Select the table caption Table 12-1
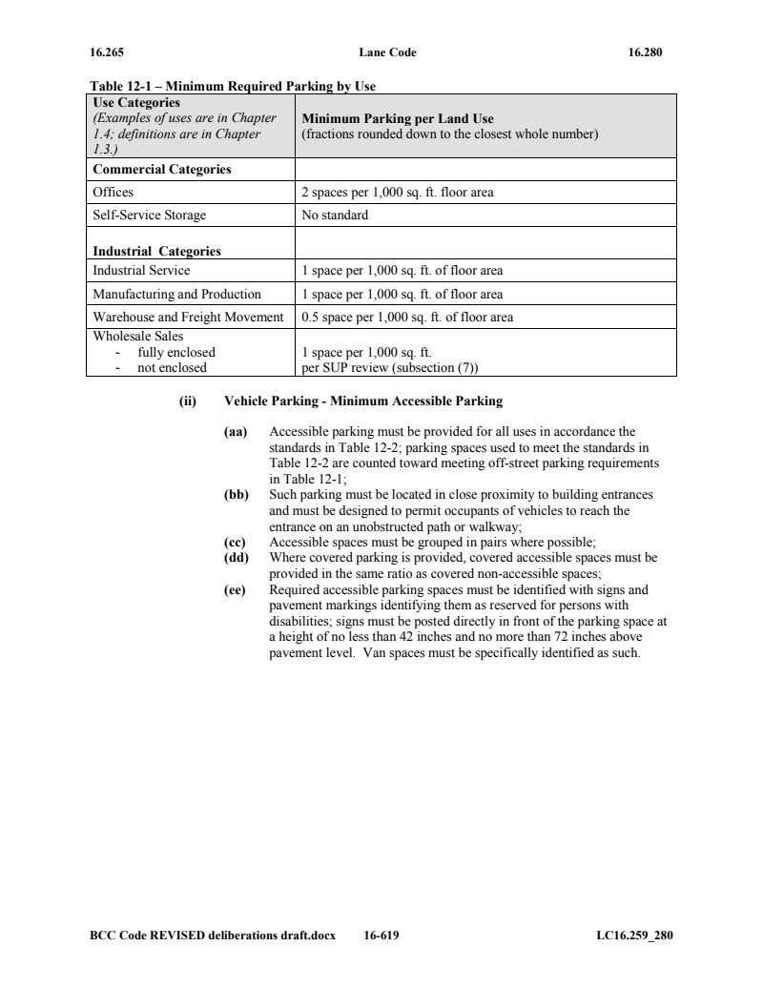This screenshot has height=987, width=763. (233, 87)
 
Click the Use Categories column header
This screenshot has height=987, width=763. (136, 102)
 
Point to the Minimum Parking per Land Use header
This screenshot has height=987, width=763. (397, 119)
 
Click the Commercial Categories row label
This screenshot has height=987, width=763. (161, 170)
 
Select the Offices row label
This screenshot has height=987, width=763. (113, 193)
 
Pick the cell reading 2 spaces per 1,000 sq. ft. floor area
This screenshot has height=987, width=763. (397, 193)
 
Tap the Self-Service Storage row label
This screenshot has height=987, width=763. (149, 216)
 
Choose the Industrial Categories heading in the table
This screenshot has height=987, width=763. (156, 252)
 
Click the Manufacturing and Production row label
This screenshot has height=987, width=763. (176, 295)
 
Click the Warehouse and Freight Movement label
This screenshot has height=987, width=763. (188, 318)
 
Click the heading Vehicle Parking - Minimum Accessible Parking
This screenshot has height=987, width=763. (362, 401)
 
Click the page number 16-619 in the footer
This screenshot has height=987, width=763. (381, 936)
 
